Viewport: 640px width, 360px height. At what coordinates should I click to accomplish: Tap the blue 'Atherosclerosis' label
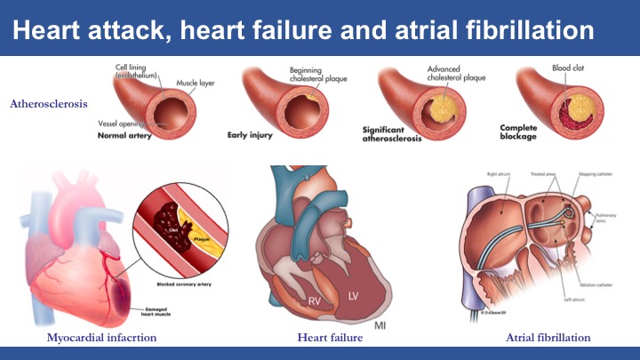(49, 104)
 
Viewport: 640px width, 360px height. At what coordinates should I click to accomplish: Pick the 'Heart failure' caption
(324, 337)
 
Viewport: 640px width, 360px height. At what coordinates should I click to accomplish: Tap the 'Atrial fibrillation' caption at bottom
(548, 337)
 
